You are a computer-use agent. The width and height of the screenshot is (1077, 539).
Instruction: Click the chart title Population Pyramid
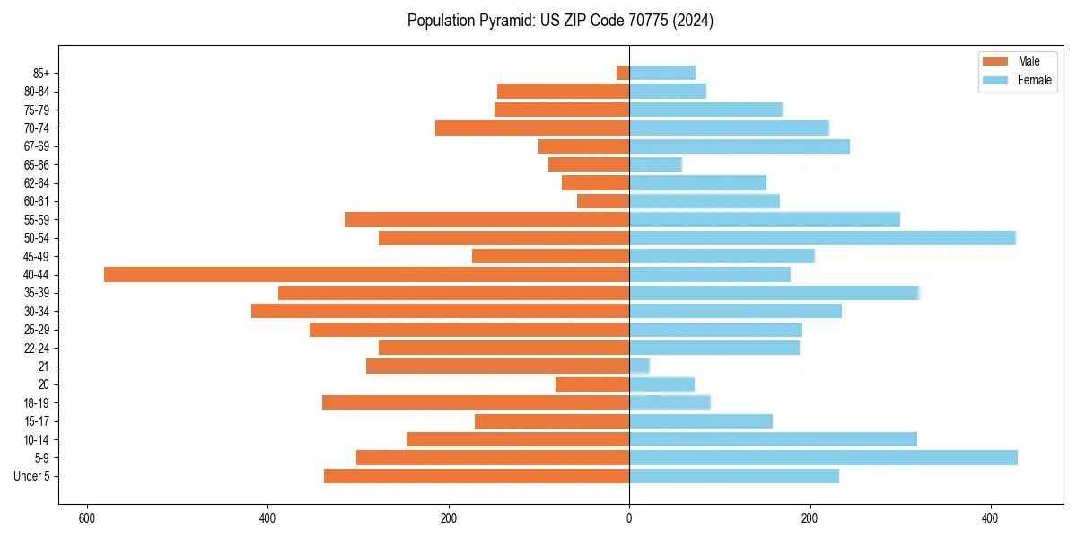pyautogui.click(x=560, y=21)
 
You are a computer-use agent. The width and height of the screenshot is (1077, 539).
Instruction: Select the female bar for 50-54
pyautogui.click(x=822, y=238)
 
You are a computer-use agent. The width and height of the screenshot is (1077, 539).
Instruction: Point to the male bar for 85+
pyautogui.click(x=623, y=73)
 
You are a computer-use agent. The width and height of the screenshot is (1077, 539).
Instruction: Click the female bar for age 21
pyautogui.click(x=639, y=367)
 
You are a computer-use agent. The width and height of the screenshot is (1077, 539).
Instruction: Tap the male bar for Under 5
pyautogui.click(x=477, y=476)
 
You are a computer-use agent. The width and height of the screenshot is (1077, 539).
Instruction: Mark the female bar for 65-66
pyautogui.click(x=655, y=164)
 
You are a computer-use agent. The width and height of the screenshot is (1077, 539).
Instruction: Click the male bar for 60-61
pyautogui.click(x=603, y=201)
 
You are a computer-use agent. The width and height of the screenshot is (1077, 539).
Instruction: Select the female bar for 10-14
pyautogui.click(x=773, y=439)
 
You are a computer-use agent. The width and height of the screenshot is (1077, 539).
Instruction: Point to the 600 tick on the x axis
pyautogui.click(x=87, y=519)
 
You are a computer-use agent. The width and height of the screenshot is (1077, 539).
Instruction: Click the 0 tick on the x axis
pyautogui.click(x=629, y=519)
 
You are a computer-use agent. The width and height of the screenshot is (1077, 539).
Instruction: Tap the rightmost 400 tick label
pyautogui.click(x=990, y=519)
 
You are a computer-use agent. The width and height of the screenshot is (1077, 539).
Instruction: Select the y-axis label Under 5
pyautogui.click(x=32, y=476)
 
